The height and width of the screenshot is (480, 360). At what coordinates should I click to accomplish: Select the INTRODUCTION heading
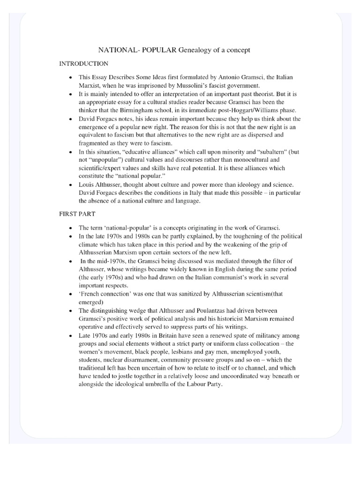83,63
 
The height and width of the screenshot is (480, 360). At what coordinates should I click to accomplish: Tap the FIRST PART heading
77,213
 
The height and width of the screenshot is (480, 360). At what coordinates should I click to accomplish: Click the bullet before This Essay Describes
70,77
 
